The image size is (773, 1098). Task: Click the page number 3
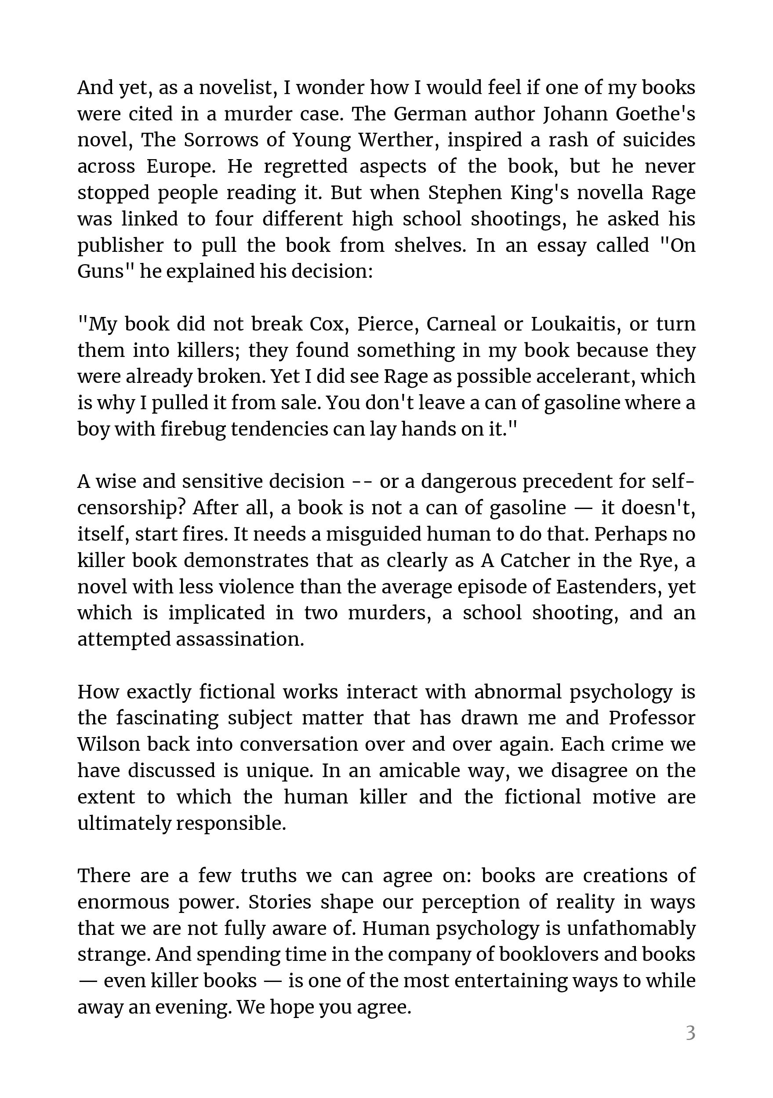[x=690, y=1033]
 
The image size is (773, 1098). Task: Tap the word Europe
[x=181, y=167]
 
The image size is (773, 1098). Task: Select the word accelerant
[x=583, y=377]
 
